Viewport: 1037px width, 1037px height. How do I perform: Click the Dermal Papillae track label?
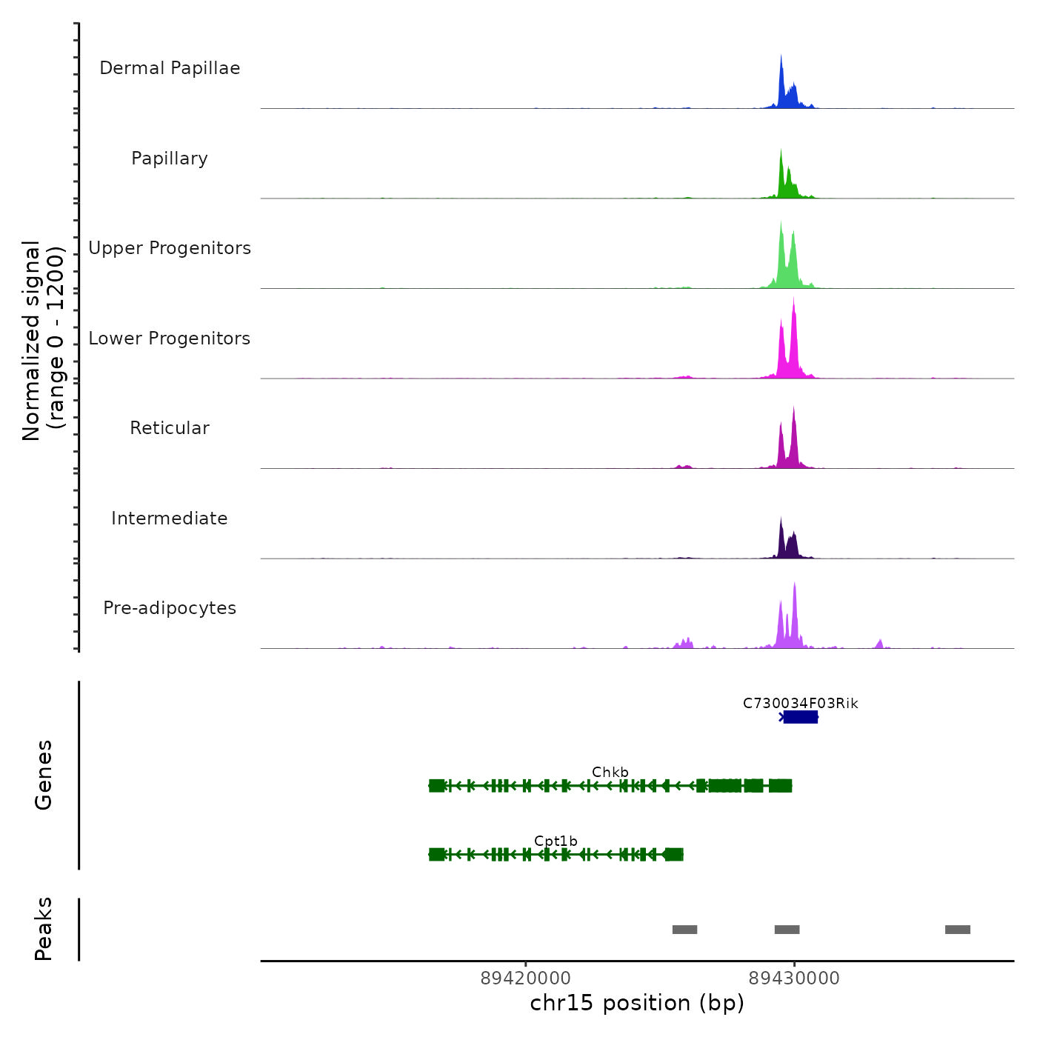click(170, 68)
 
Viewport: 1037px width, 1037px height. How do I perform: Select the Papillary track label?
click(170, 159)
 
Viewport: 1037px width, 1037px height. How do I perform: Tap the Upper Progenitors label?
click(170, 248)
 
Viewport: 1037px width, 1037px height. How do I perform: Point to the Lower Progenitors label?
click(170, 339)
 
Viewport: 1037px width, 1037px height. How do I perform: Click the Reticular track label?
click(170, 428)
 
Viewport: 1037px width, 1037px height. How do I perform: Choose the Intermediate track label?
click(170, 518)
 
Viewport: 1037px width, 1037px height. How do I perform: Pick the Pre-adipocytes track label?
click(170, 608)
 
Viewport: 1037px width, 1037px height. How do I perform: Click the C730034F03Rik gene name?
click(801, 703)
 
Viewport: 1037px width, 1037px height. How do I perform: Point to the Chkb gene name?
click(610, 772)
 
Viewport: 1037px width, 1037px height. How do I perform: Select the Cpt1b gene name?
click(556, 841)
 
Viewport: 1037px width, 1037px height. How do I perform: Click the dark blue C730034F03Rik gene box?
click(801, 717)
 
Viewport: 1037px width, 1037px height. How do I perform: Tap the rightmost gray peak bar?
click(958, 930)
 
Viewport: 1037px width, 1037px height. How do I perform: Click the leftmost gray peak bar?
click(684, 930)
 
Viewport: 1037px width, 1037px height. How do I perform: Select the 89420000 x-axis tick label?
click(526, 978)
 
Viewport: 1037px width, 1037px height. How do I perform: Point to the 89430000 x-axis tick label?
click(794, 978)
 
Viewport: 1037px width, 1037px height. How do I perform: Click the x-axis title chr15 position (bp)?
click(637, 1003)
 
